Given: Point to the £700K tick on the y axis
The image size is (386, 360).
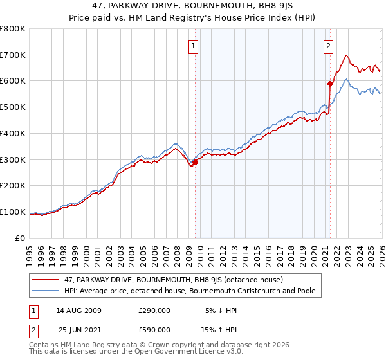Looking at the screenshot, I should (13, 55).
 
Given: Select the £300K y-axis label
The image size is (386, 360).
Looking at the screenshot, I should (13, 159).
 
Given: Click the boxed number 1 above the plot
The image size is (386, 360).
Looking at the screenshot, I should (194, 45).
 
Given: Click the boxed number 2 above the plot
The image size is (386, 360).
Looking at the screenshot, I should (329, 45).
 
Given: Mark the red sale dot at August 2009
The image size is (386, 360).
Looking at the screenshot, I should (195, 162).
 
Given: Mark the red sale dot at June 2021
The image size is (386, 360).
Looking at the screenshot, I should (330, 84).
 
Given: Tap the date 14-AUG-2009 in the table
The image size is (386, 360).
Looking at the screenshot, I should (78, 310).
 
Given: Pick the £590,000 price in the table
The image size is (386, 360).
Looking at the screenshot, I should (154, 330).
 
